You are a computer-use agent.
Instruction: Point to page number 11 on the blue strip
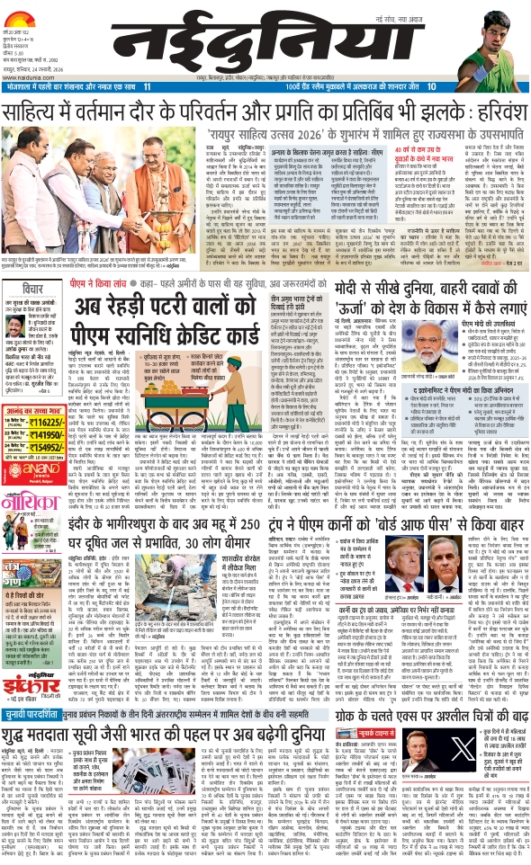point(147,85)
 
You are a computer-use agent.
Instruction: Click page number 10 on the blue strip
point(432,85)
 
